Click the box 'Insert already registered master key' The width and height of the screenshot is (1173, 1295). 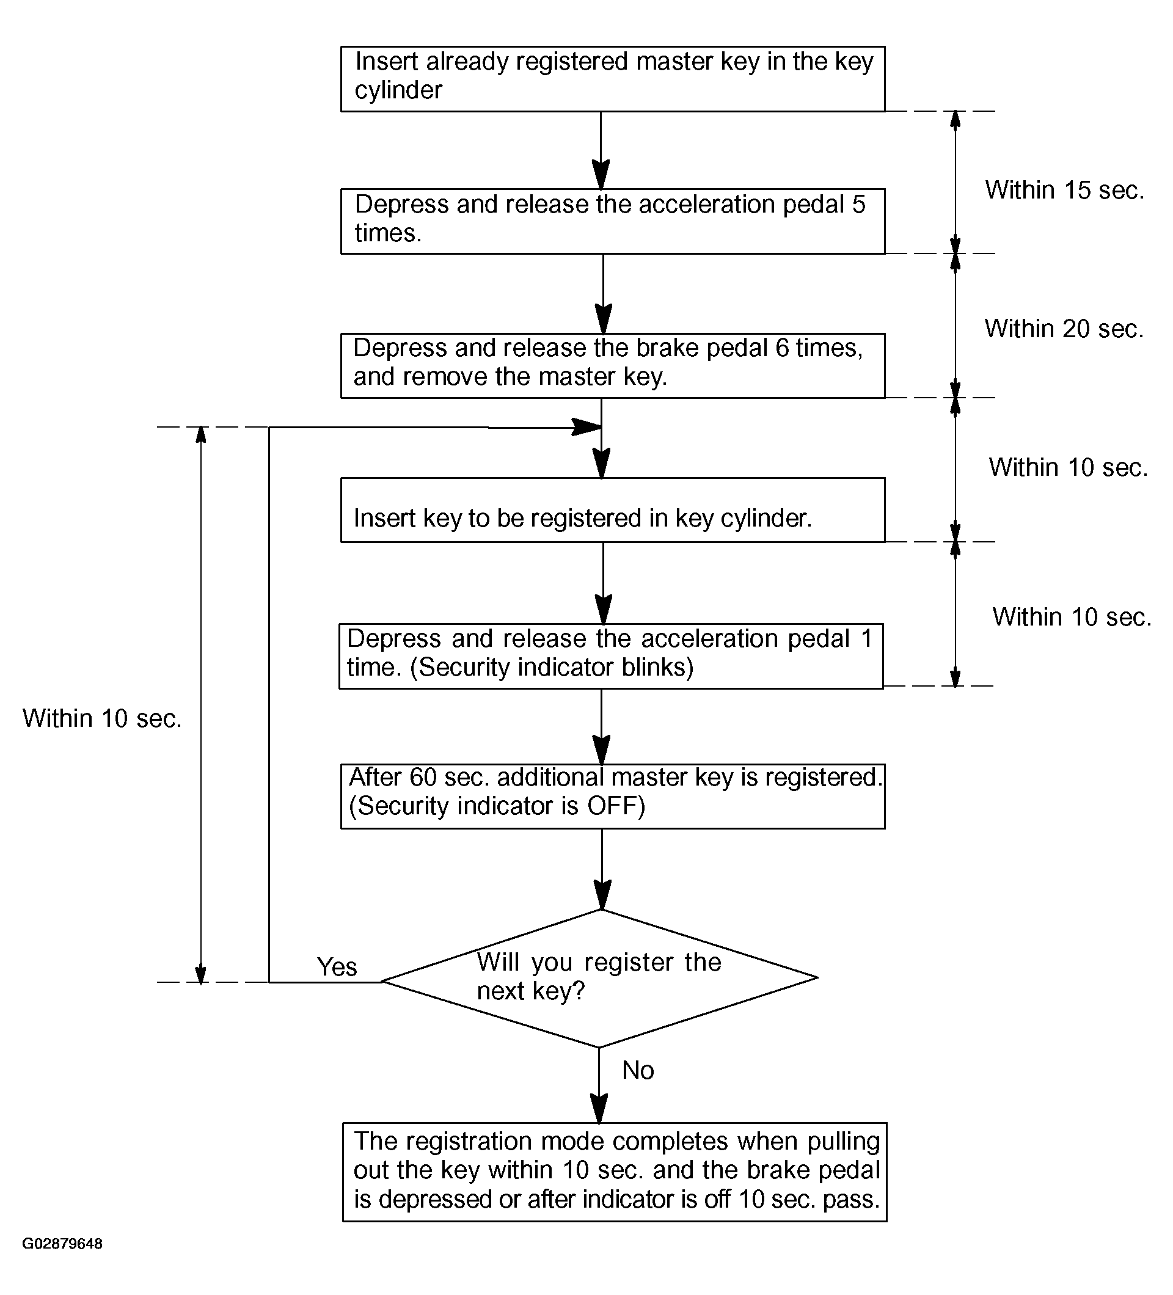[612, 79]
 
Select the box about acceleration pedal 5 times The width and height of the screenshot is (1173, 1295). [612, 221]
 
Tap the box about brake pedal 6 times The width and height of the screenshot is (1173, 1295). [612, 365]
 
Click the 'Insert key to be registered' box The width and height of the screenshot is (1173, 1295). [612, 510]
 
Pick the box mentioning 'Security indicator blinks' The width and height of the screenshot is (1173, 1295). [611, 656]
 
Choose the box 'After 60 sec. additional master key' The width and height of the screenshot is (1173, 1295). [612, 796]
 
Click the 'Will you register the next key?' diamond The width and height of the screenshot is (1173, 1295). [599, 979]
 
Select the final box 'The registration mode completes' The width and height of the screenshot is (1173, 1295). [614, 1172]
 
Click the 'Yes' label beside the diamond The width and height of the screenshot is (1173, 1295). [337, 967]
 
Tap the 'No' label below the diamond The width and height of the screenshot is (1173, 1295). [638, 1070]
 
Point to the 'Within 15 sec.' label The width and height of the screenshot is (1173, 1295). [1064, 190]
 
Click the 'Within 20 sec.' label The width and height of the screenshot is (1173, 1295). [1064, 329]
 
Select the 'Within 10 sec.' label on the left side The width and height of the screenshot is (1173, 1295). [102, 718]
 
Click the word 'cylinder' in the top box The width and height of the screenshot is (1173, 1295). [398, 90]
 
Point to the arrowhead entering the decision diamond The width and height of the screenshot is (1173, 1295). [602, 895]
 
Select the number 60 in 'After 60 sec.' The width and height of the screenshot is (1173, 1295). [423, 777]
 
